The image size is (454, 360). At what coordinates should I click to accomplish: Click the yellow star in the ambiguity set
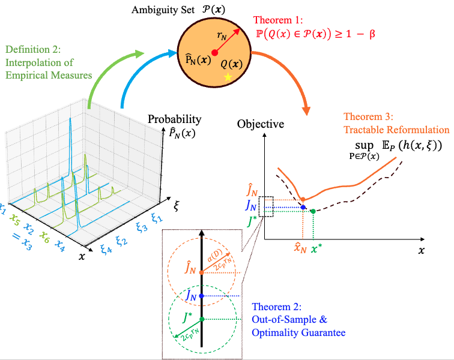[x=228, y=77]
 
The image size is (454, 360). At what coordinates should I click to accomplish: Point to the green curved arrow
[x=108, y=72]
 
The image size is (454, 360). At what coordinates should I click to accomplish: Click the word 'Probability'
[x=175, y=119]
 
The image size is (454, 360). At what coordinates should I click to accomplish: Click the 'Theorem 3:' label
[x=366, y=116]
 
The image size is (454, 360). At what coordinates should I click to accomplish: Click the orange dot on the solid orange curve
[x=303, y=199]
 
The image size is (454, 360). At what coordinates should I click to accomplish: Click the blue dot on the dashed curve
[x=303, y=208]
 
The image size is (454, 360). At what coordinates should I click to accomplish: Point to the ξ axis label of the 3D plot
[x=176, y=205]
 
